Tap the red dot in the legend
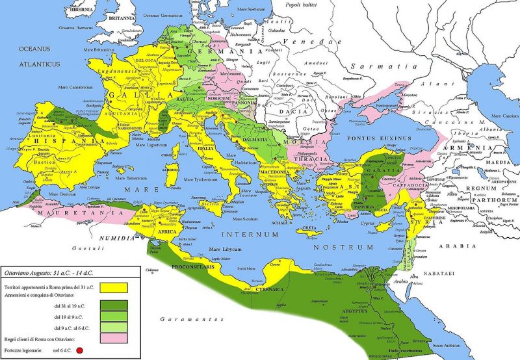pos(80,352)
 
